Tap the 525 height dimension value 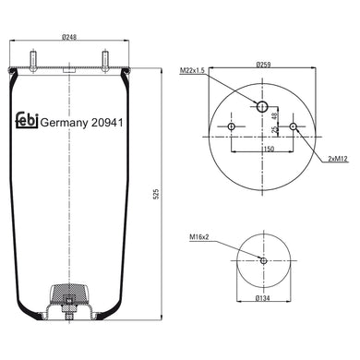click(167, 194)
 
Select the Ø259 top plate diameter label click(262, 64)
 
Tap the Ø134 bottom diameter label click(264, 299)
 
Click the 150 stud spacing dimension click(266, 148)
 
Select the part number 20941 click(109, 120)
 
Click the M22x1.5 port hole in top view click(262, 108)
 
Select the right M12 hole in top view click(294, 126)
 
